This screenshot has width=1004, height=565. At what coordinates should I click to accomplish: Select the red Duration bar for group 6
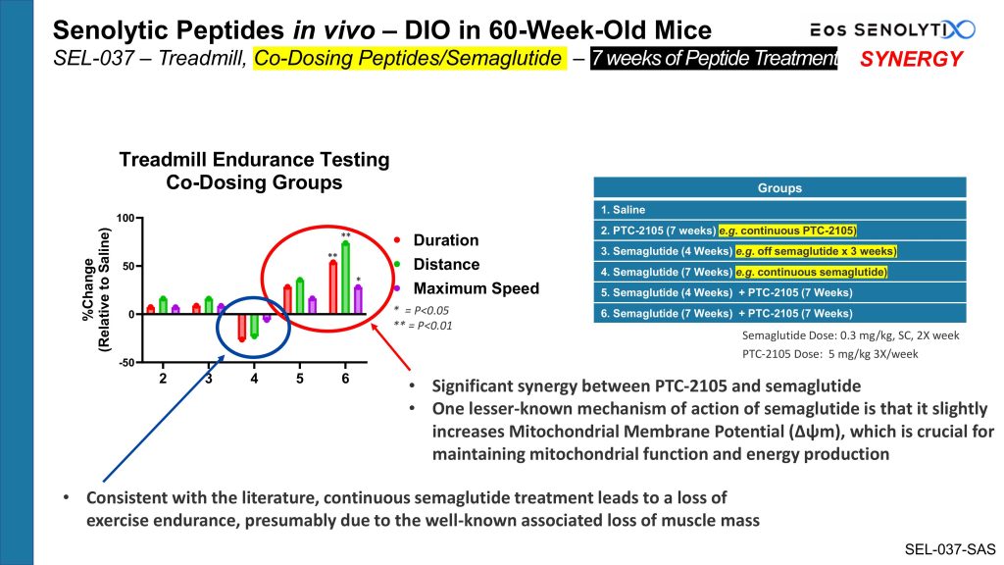[x=333, y=288]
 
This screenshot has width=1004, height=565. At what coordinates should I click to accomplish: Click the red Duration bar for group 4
[x=242, y=326]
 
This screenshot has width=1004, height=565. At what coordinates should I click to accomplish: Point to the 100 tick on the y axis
[x=125, y=217]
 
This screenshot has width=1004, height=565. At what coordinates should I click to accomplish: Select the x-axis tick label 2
[x=163, y=379]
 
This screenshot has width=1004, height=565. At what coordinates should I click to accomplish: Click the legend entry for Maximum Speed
[x=476, y=288]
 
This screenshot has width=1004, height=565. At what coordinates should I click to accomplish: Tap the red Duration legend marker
[x=396, y=240]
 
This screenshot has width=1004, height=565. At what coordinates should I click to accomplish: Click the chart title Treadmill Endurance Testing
[x=254, y=160]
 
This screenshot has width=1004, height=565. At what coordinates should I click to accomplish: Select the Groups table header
[x=779, y=187]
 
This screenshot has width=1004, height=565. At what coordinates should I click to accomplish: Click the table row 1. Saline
[x=779, y=209]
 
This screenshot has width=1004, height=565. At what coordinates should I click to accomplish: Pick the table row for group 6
[x=779, y=313]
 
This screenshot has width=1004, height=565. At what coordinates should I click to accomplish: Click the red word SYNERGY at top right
[x=911, y=59]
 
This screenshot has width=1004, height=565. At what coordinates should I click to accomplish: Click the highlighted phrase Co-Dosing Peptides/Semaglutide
[x=409, y=59]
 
